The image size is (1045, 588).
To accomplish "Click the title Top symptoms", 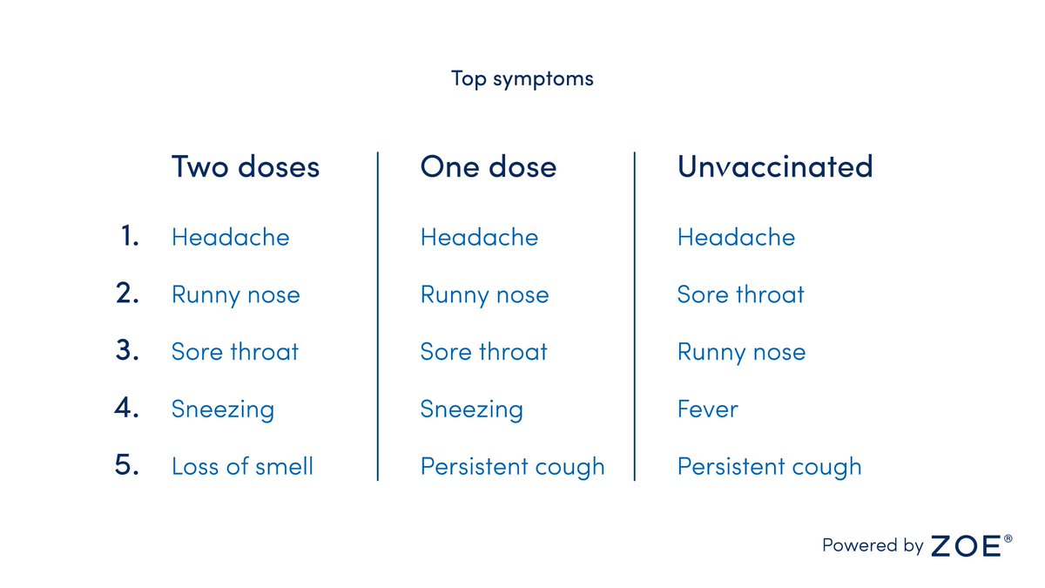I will (x=522, y=78).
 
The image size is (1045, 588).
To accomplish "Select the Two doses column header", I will (x=246, y=166).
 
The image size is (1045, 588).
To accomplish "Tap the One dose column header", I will (x=488, y=166).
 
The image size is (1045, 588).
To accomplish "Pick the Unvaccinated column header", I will (x=775, y=166).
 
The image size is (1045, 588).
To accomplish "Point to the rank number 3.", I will (x=127, y=350).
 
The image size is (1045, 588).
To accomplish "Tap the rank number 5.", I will (x=127, y=465).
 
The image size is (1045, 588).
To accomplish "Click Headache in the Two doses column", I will (x=231, y=237).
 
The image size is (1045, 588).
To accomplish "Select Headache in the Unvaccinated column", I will (x=736, y=237).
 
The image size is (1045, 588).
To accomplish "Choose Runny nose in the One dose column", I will (x=484, y=295).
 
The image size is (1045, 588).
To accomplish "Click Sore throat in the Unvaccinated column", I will (x=740, y=294).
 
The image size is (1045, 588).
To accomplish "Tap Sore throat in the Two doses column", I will (x=235, y=352).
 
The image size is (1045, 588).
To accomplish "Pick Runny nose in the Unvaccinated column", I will (x=741, y=353).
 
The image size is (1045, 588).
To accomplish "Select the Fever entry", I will (x=707, y=409).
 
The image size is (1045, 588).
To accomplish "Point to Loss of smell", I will (x=242, y=466).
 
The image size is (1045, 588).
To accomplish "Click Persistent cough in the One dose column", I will (x=512, y=467).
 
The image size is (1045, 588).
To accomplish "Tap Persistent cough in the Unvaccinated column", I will (x=769, y=467).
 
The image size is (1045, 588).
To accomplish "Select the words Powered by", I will (x=873, y=546).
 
